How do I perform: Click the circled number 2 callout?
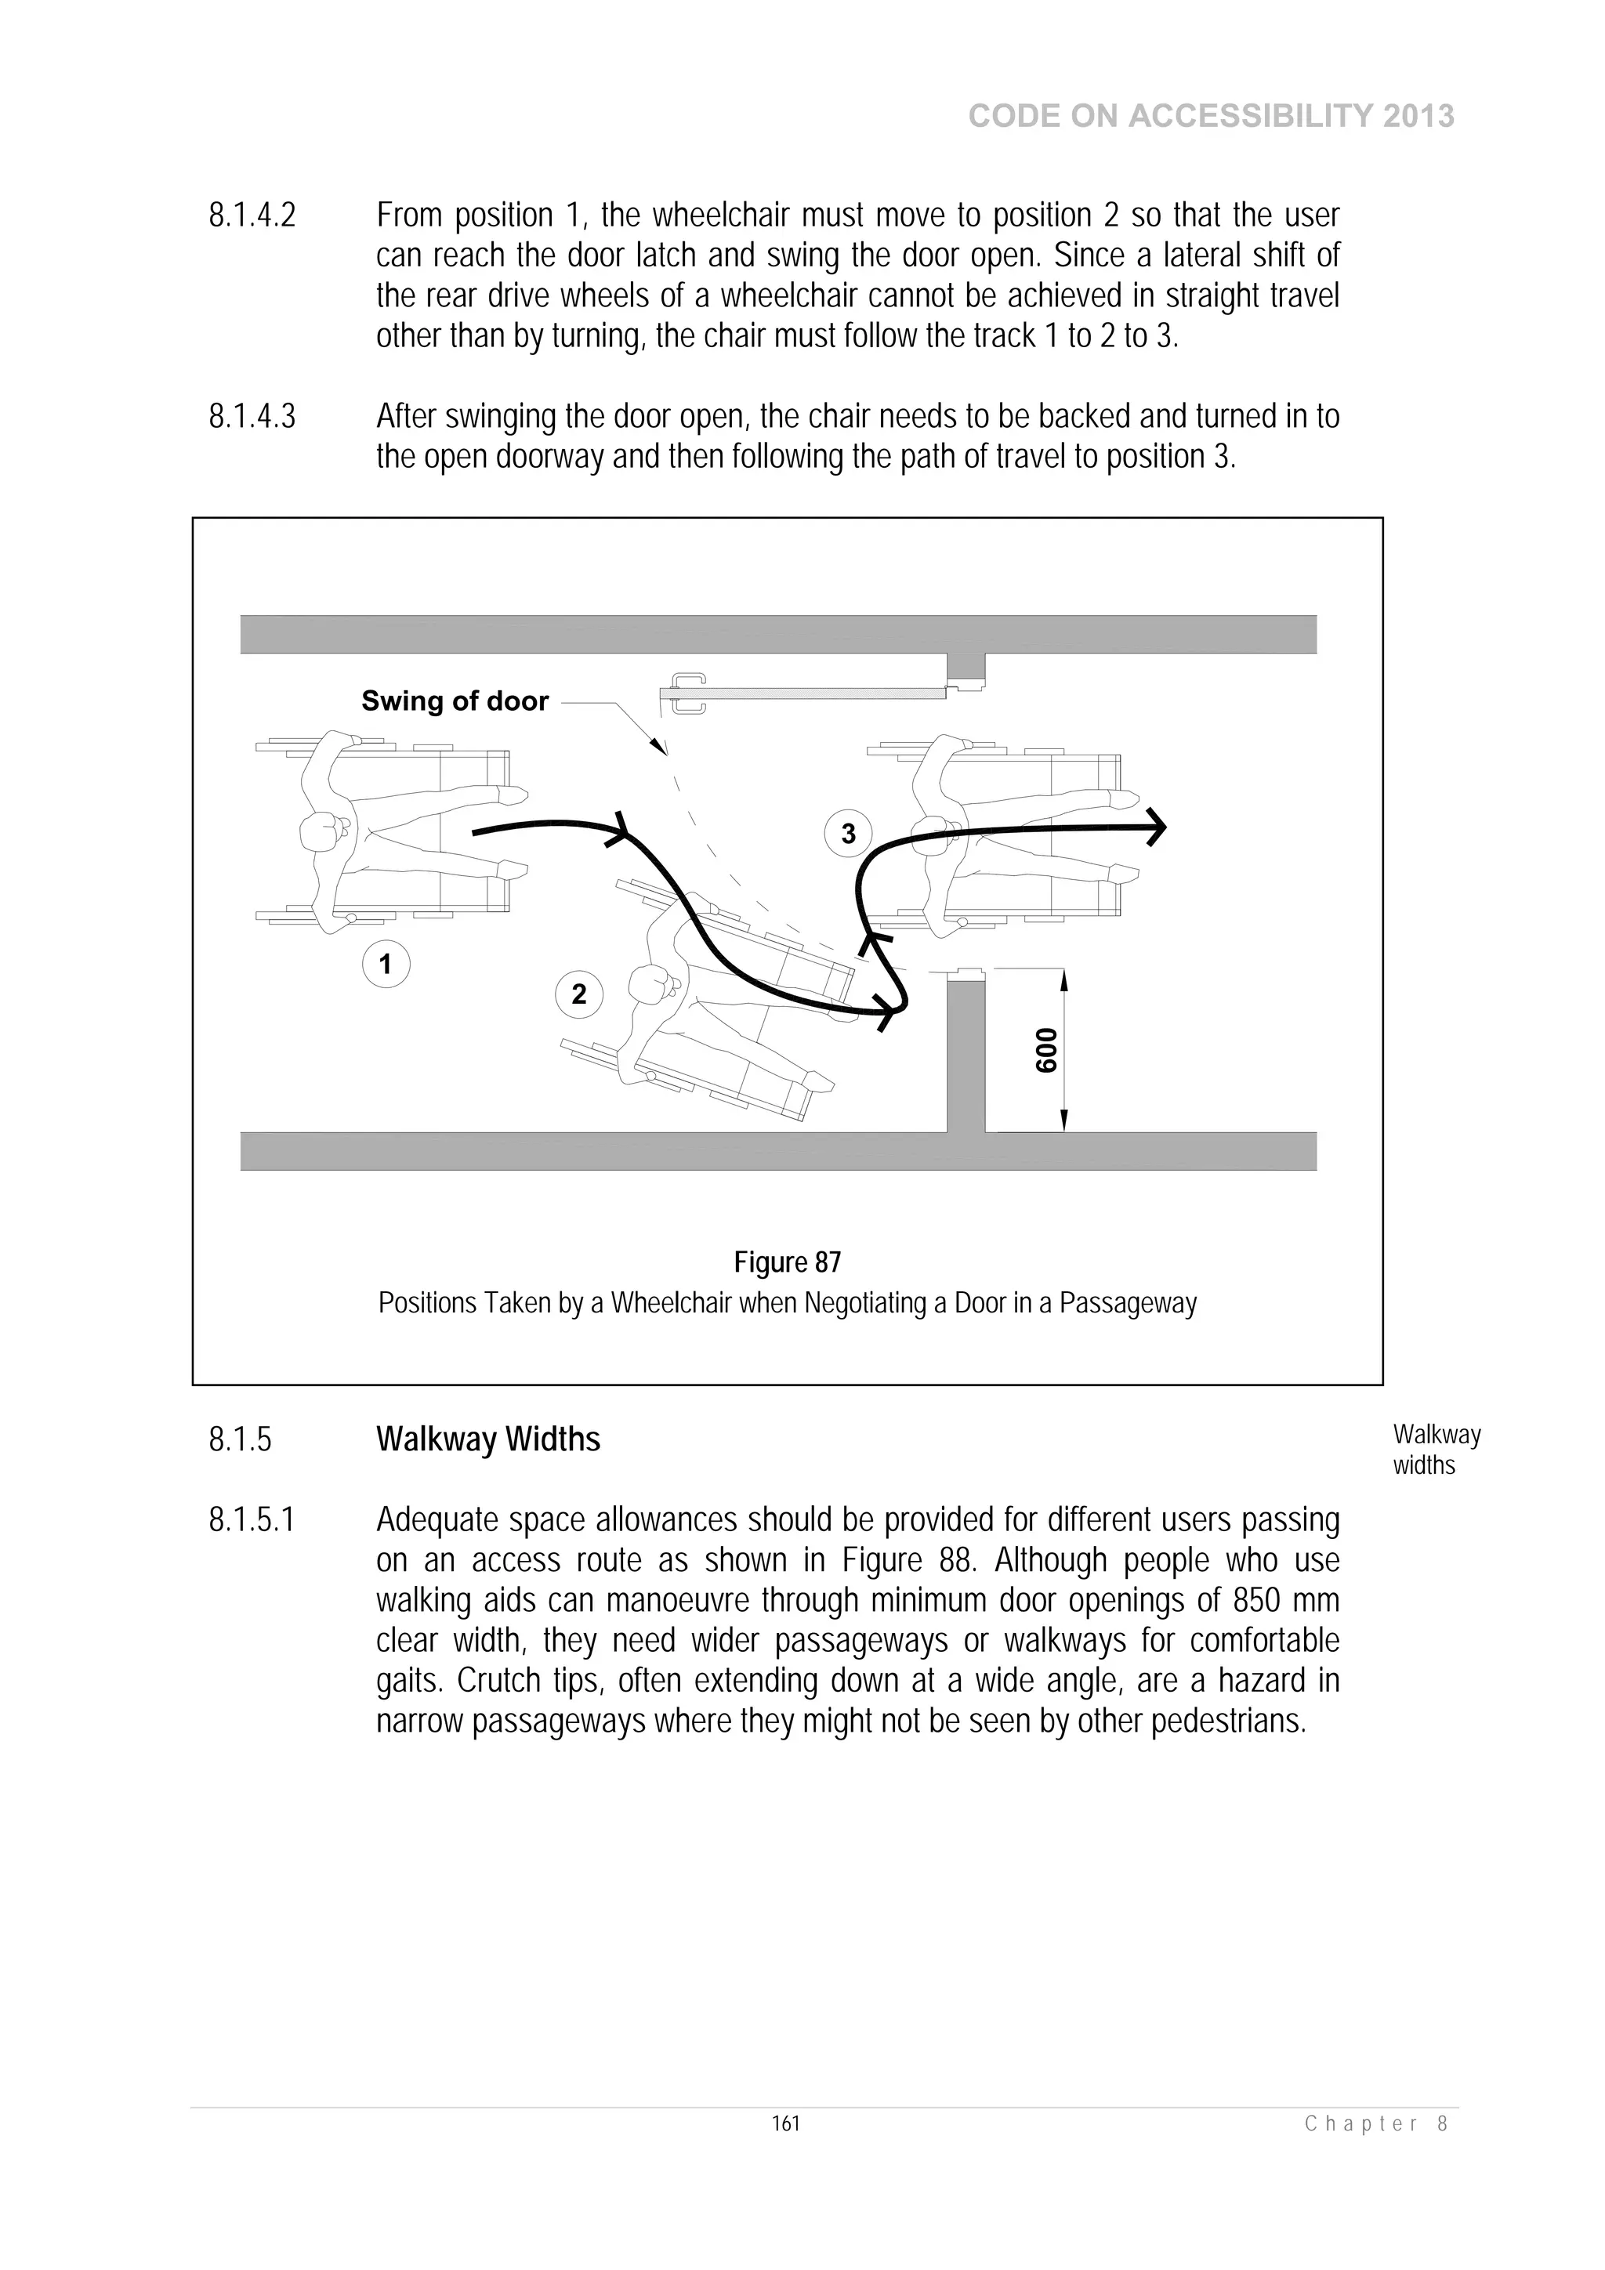tap(578, 994)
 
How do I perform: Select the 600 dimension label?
tap(1046, 1050)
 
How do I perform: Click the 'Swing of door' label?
tap(455, 701)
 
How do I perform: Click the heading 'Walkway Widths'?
tap(487, 1439)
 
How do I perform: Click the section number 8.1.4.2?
tap(252, 215)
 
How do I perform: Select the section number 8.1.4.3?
tap(252, 416)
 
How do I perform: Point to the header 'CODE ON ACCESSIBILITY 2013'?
tap(1211, 117)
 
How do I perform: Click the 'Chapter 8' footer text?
tap(1377, 2123)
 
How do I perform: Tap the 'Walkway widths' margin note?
tap(1436, 1450)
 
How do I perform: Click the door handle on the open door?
tap(688, 693)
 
